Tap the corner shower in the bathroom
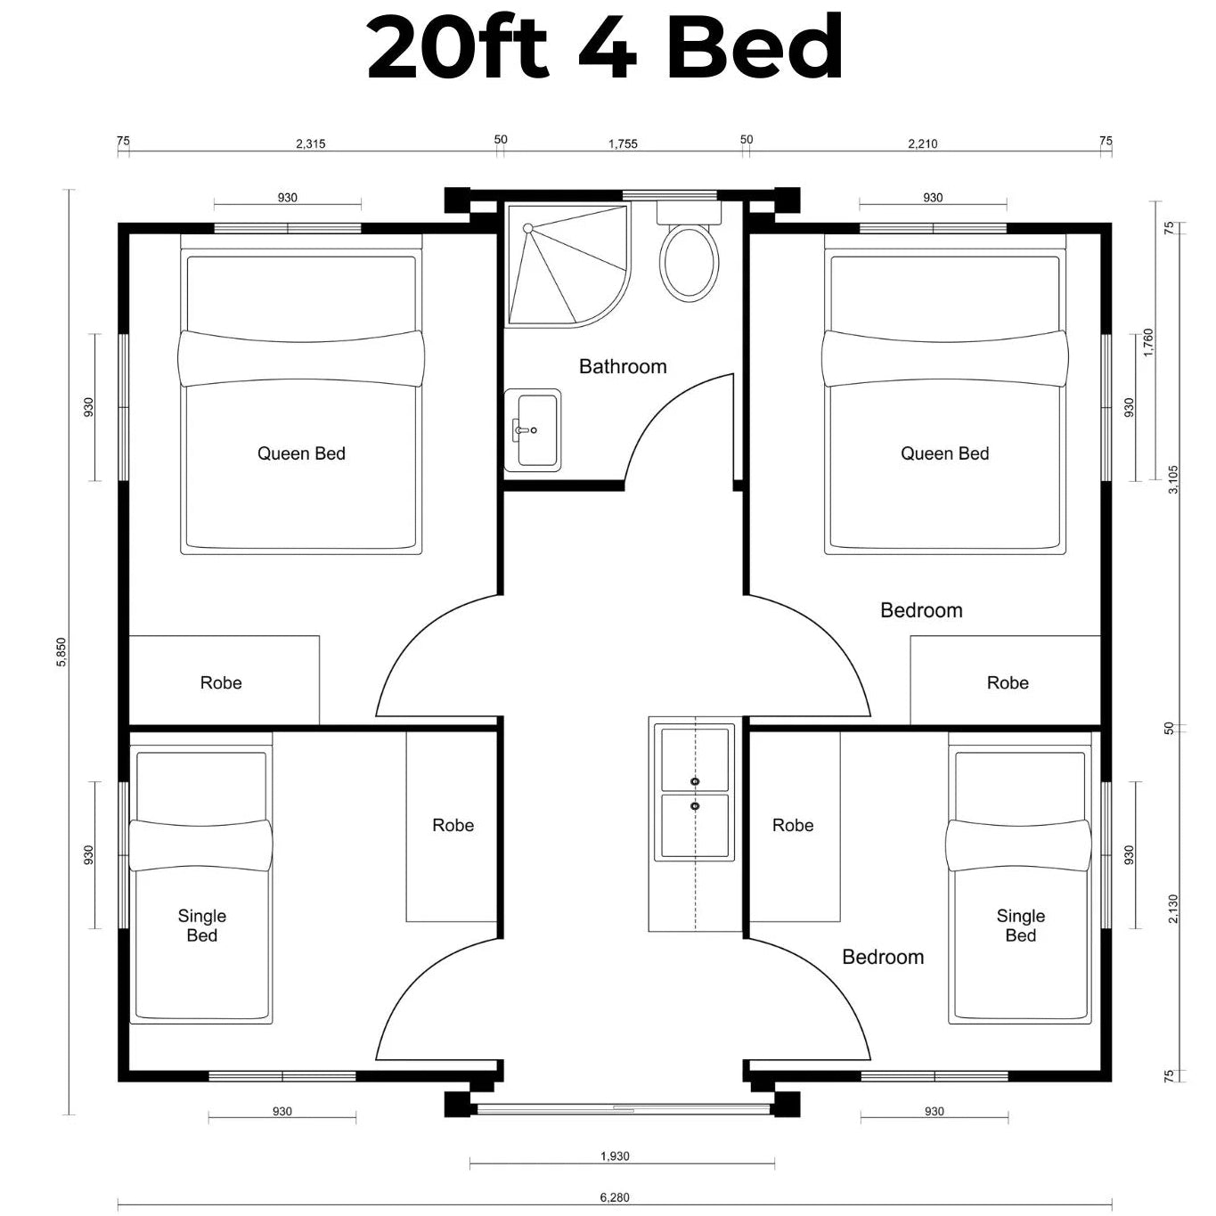tap(567, 265)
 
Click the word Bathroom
tap(623, 367)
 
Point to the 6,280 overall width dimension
tap(614, 1197)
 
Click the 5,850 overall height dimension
tap(61, 652)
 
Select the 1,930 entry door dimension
tap(615, 1156)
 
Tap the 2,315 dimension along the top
tap(311, 144)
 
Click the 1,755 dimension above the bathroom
tap(623, 144)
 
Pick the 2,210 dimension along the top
tap(923, 144)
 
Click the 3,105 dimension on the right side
tap(1172, 479)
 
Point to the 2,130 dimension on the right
tap(1172, 908)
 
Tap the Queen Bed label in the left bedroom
tap(302, 453)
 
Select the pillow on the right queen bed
tap(944, 358)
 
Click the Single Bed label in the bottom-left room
tap(202, 925)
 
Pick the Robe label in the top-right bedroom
tap(1008, 682)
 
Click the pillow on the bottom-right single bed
tap(1018, 845)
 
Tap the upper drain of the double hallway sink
tap(695, 782)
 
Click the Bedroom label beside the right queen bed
tap(921, 610)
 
